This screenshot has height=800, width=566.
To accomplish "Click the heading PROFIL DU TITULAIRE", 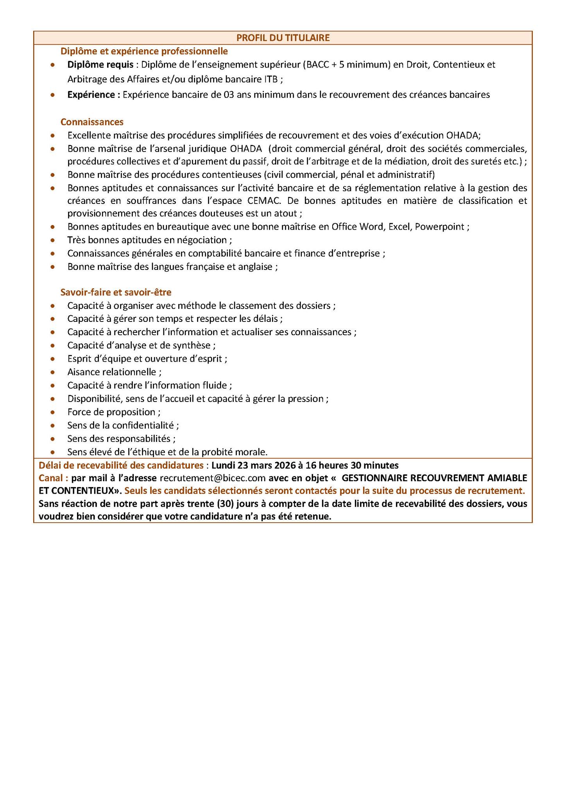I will [x=283, y=37].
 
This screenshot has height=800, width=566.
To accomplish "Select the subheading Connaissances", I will [x=92, y=122].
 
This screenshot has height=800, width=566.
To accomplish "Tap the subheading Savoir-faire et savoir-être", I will [x=116, y=292].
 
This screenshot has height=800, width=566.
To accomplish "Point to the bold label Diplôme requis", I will [x=100, y=64].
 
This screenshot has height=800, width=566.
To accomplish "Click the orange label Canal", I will [x=52, y=478].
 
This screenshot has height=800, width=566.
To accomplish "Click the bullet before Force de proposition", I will [x=53, y=412].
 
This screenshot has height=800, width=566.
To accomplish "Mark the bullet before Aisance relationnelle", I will [x=53, y=372].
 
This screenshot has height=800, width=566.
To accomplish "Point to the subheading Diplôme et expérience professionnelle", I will [x=144, y=51].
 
